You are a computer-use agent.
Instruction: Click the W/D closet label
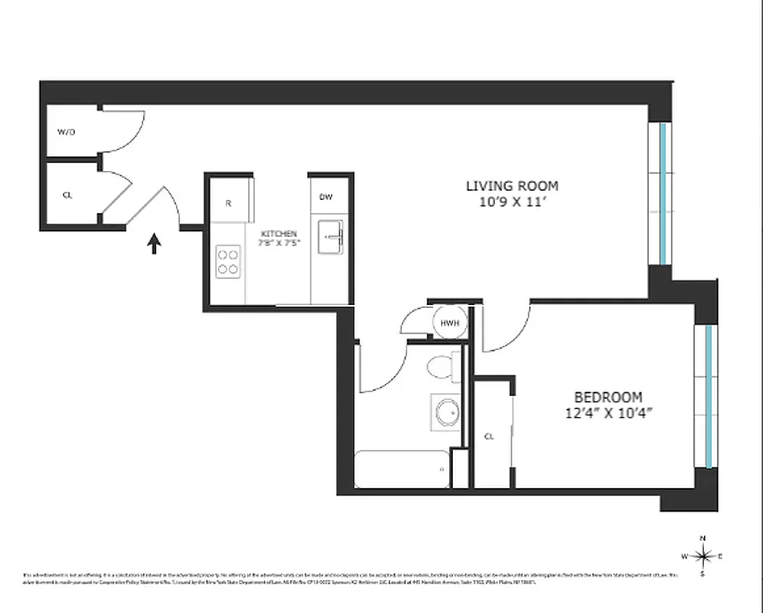tap(67, 132)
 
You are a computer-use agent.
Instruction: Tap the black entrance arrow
tap(155, 244)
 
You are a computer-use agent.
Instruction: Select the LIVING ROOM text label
tap(512, 185)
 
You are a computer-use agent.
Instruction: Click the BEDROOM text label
tap(608, 397)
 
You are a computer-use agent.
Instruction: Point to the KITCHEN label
tap(279, 234)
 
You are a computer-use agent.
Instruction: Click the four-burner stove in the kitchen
tap(227, 261)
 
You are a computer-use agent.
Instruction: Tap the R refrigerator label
tap(228, 203)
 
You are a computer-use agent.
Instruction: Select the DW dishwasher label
tap(326, 197)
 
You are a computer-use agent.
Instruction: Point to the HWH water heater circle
tap(449, 323)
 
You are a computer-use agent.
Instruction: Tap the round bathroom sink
tap(445, 414)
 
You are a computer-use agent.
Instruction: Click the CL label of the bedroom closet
tap(489, 436)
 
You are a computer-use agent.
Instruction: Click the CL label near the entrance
tap(67, 195)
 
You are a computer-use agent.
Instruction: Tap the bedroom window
tap(709, 396)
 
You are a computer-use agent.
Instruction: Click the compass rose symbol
tap(703, 556)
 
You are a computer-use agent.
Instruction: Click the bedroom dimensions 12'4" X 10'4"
tap(608, 412)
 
